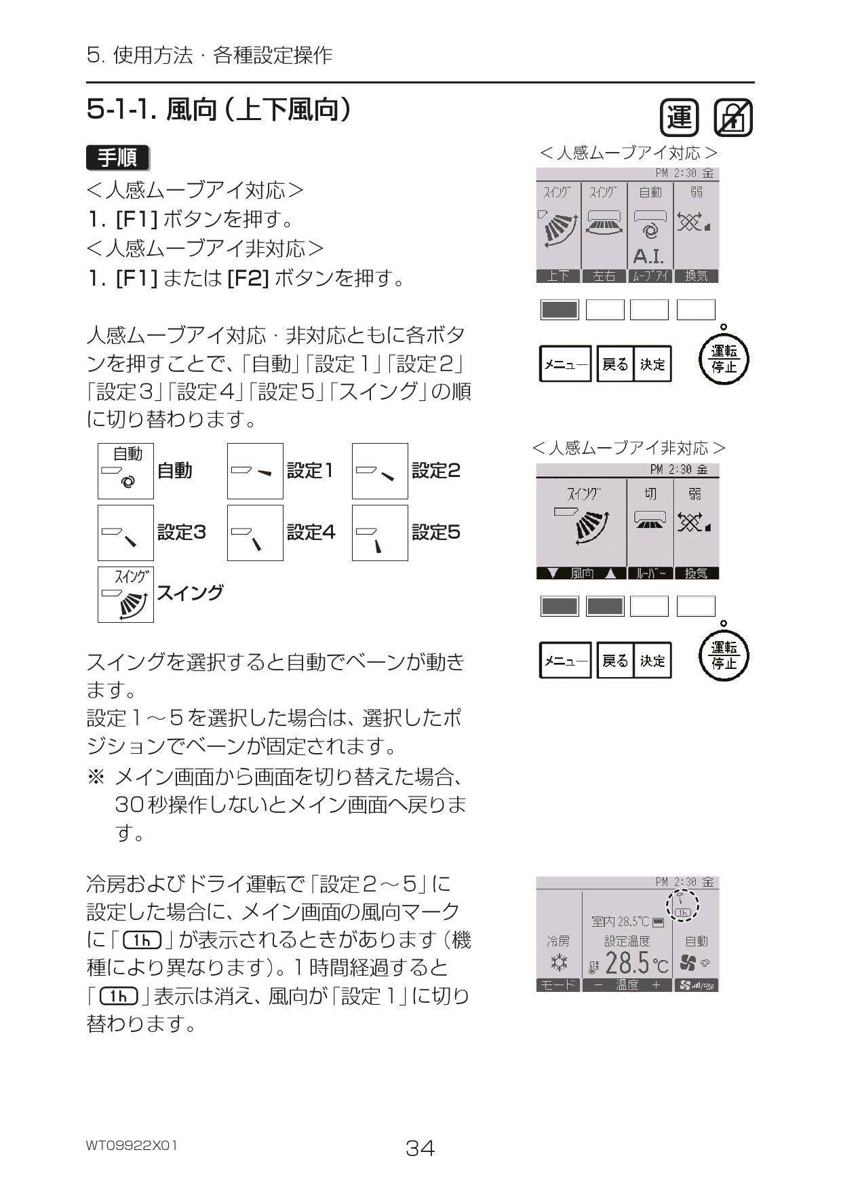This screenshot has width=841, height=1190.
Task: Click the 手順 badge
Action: [x=118, y=158]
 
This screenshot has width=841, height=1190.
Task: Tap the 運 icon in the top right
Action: [x=679, y=118]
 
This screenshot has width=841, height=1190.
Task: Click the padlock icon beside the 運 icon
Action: [x=733, y=118]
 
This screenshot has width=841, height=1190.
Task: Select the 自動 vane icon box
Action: [x=125, y=471]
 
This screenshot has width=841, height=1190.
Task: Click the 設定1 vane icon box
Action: [x=255, y=471]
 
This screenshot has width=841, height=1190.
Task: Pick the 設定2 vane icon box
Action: [x=380, y=471]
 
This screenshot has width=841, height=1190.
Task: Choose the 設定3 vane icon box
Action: [x=125, y=533]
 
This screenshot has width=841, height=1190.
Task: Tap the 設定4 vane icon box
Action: [x=255, y=533]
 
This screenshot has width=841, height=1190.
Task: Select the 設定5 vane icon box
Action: [x=380, y=533]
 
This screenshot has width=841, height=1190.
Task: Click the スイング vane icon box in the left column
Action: [x=125, y=594]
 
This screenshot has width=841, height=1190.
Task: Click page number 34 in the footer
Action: [x=420, y=1148]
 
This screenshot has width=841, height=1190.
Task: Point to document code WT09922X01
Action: [x=132, y=1145]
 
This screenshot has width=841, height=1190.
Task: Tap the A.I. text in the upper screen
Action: [x=648, y=256]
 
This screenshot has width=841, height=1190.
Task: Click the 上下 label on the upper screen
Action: [x=558, y=275]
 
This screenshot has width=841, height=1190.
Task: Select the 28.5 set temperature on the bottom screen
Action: [x=627, y=963]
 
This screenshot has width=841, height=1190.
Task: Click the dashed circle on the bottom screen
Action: [x=682, y=906]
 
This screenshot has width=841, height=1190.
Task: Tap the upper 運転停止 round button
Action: [x=724, y=360]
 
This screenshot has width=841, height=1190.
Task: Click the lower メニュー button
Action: [x=565, y=660]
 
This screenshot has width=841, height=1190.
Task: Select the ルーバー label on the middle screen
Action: [x=650, y=573]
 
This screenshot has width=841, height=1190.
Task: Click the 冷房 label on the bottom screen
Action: [x=558, y=941]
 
